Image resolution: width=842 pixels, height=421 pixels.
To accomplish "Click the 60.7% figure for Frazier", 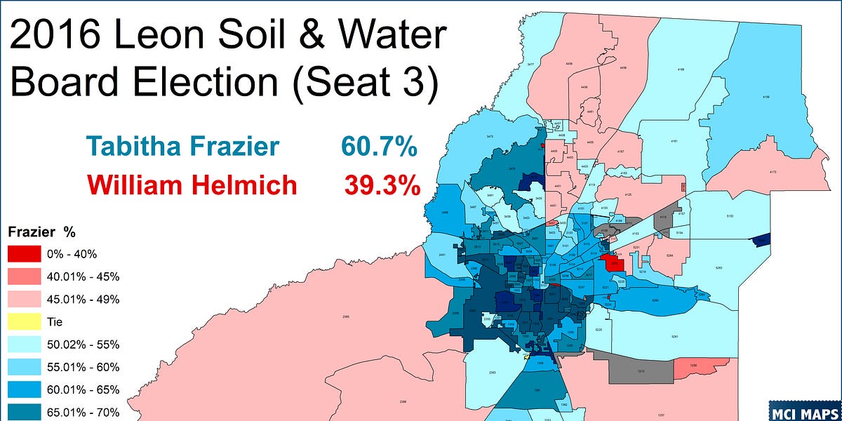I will point(380,147).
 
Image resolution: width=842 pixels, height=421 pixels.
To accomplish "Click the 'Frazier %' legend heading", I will point(41,231).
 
